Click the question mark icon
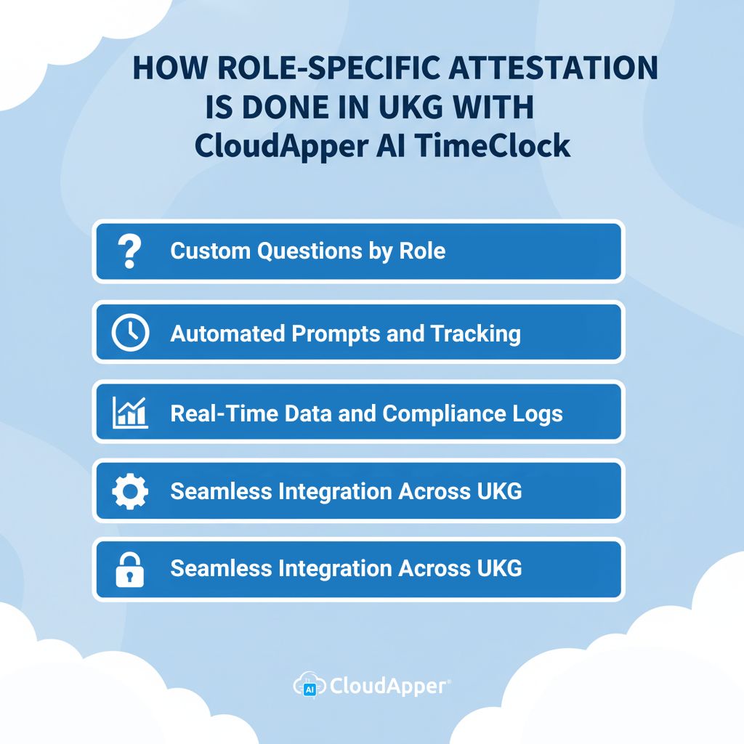129,251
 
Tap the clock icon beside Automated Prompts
130,333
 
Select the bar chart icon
130,413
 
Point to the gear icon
130,491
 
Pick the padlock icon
130,569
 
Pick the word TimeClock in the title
492,145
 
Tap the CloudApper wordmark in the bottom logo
389,685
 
